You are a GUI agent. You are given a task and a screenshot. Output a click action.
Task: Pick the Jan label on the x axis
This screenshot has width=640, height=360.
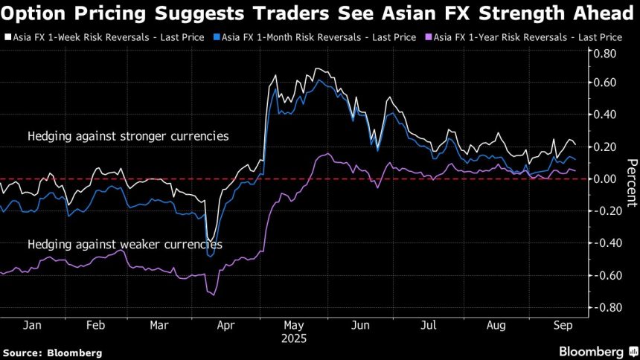pos(31,325)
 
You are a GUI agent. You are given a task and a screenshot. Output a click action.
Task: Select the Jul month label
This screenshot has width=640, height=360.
pos(428,325)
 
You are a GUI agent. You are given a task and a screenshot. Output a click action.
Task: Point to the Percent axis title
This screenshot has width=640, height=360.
pos(631,183)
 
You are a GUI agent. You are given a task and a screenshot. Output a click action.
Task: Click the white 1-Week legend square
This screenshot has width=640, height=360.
pos(6,36)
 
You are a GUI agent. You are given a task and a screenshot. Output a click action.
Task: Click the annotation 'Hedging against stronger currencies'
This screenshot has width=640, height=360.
pos(128,137)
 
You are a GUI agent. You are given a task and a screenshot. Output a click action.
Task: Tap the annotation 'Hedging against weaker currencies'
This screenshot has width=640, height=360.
pos(124,244)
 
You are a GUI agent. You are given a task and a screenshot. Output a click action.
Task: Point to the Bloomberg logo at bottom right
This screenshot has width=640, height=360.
pos(592,351)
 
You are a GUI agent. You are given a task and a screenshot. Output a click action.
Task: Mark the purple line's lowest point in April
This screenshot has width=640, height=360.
pos(215,295)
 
